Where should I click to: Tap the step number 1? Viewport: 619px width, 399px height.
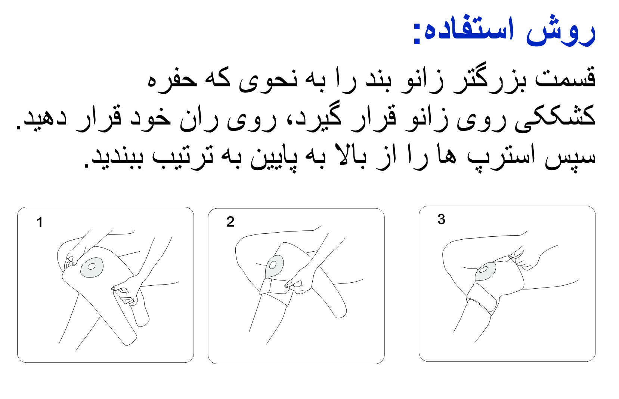[x=40, y=222]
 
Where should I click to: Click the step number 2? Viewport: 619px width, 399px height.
[x=230, y=222]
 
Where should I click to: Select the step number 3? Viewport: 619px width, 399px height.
[x=441, y=219]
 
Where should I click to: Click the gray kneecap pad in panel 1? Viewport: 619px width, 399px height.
[x=92, y=267]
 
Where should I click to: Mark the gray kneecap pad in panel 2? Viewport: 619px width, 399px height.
[x=274, y=266]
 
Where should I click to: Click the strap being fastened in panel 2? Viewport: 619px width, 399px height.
[x=276, y=287]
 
